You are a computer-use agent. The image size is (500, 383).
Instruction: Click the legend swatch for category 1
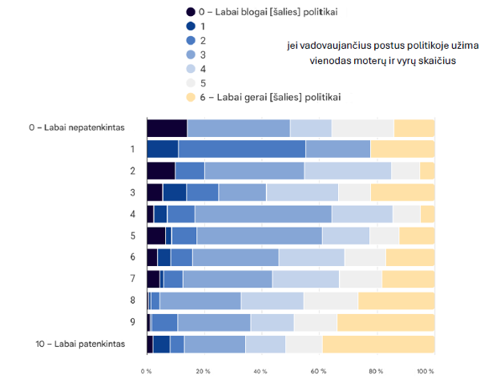[191, 26]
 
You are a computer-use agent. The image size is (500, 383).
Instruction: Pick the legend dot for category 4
[191, 69]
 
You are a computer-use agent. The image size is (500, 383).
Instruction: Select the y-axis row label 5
[132, 236]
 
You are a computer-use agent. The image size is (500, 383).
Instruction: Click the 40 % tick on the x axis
[261, 372]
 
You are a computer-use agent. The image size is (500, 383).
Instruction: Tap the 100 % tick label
[425, 372]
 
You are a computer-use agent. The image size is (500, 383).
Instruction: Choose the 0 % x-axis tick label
[147, 372]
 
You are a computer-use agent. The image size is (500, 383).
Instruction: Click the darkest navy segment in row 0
[167, 128]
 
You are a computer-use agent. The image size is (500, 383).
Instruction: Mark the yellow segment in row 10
[378, 344]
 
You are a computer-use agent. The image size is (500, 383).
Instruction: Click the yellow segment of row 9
[386, 322]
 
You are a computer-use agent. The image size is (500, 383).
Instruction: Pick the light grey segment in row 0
[363, 128]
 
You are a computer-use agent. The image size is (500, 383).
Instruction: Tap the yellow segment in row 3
[403, 192]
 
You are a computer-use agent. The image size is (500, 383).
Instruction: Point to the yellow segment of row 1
[402, 149]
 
